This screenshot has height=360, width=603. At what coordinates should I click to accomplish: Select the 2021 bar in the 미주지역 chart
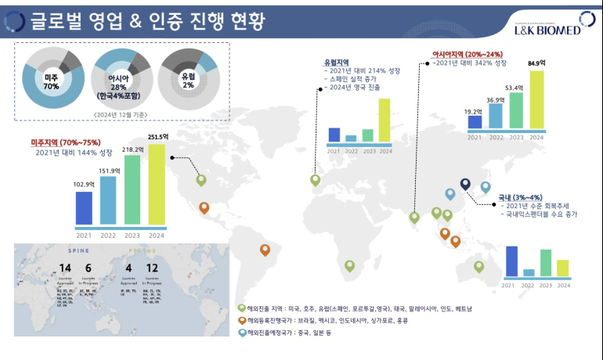(83, 207)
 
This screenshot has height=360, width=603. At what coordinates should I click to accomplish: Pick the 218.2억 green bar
(133, 189)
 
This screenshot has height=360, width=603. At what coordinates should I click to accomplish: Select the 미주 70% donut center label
(52, 81)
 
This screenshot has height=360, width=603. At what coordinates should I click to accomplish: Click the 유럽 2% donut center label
(189, 80)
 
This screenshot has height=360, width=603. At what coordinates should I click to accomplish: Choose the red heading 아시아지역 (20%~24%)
(466, 54)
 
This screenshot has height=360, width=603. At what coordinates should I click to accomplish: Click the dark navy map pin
(465, 185)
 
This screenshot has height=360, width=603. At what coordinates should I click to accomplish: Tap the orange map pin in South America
(265, 251)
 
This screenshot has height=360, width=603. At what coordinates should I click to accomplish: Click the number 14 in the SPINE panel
(65, 270)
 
